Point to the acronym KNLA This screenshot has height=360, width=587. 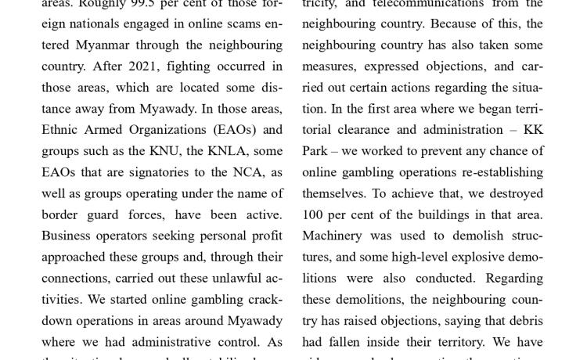pos(226,151)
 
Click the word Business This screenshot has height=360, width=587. pos(67,236)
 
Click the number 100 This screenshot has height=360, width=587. pos(312,214)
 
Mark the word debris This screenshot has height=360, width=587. pos(524,320)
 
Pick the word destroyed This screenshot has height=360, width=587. pos(512,193)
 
